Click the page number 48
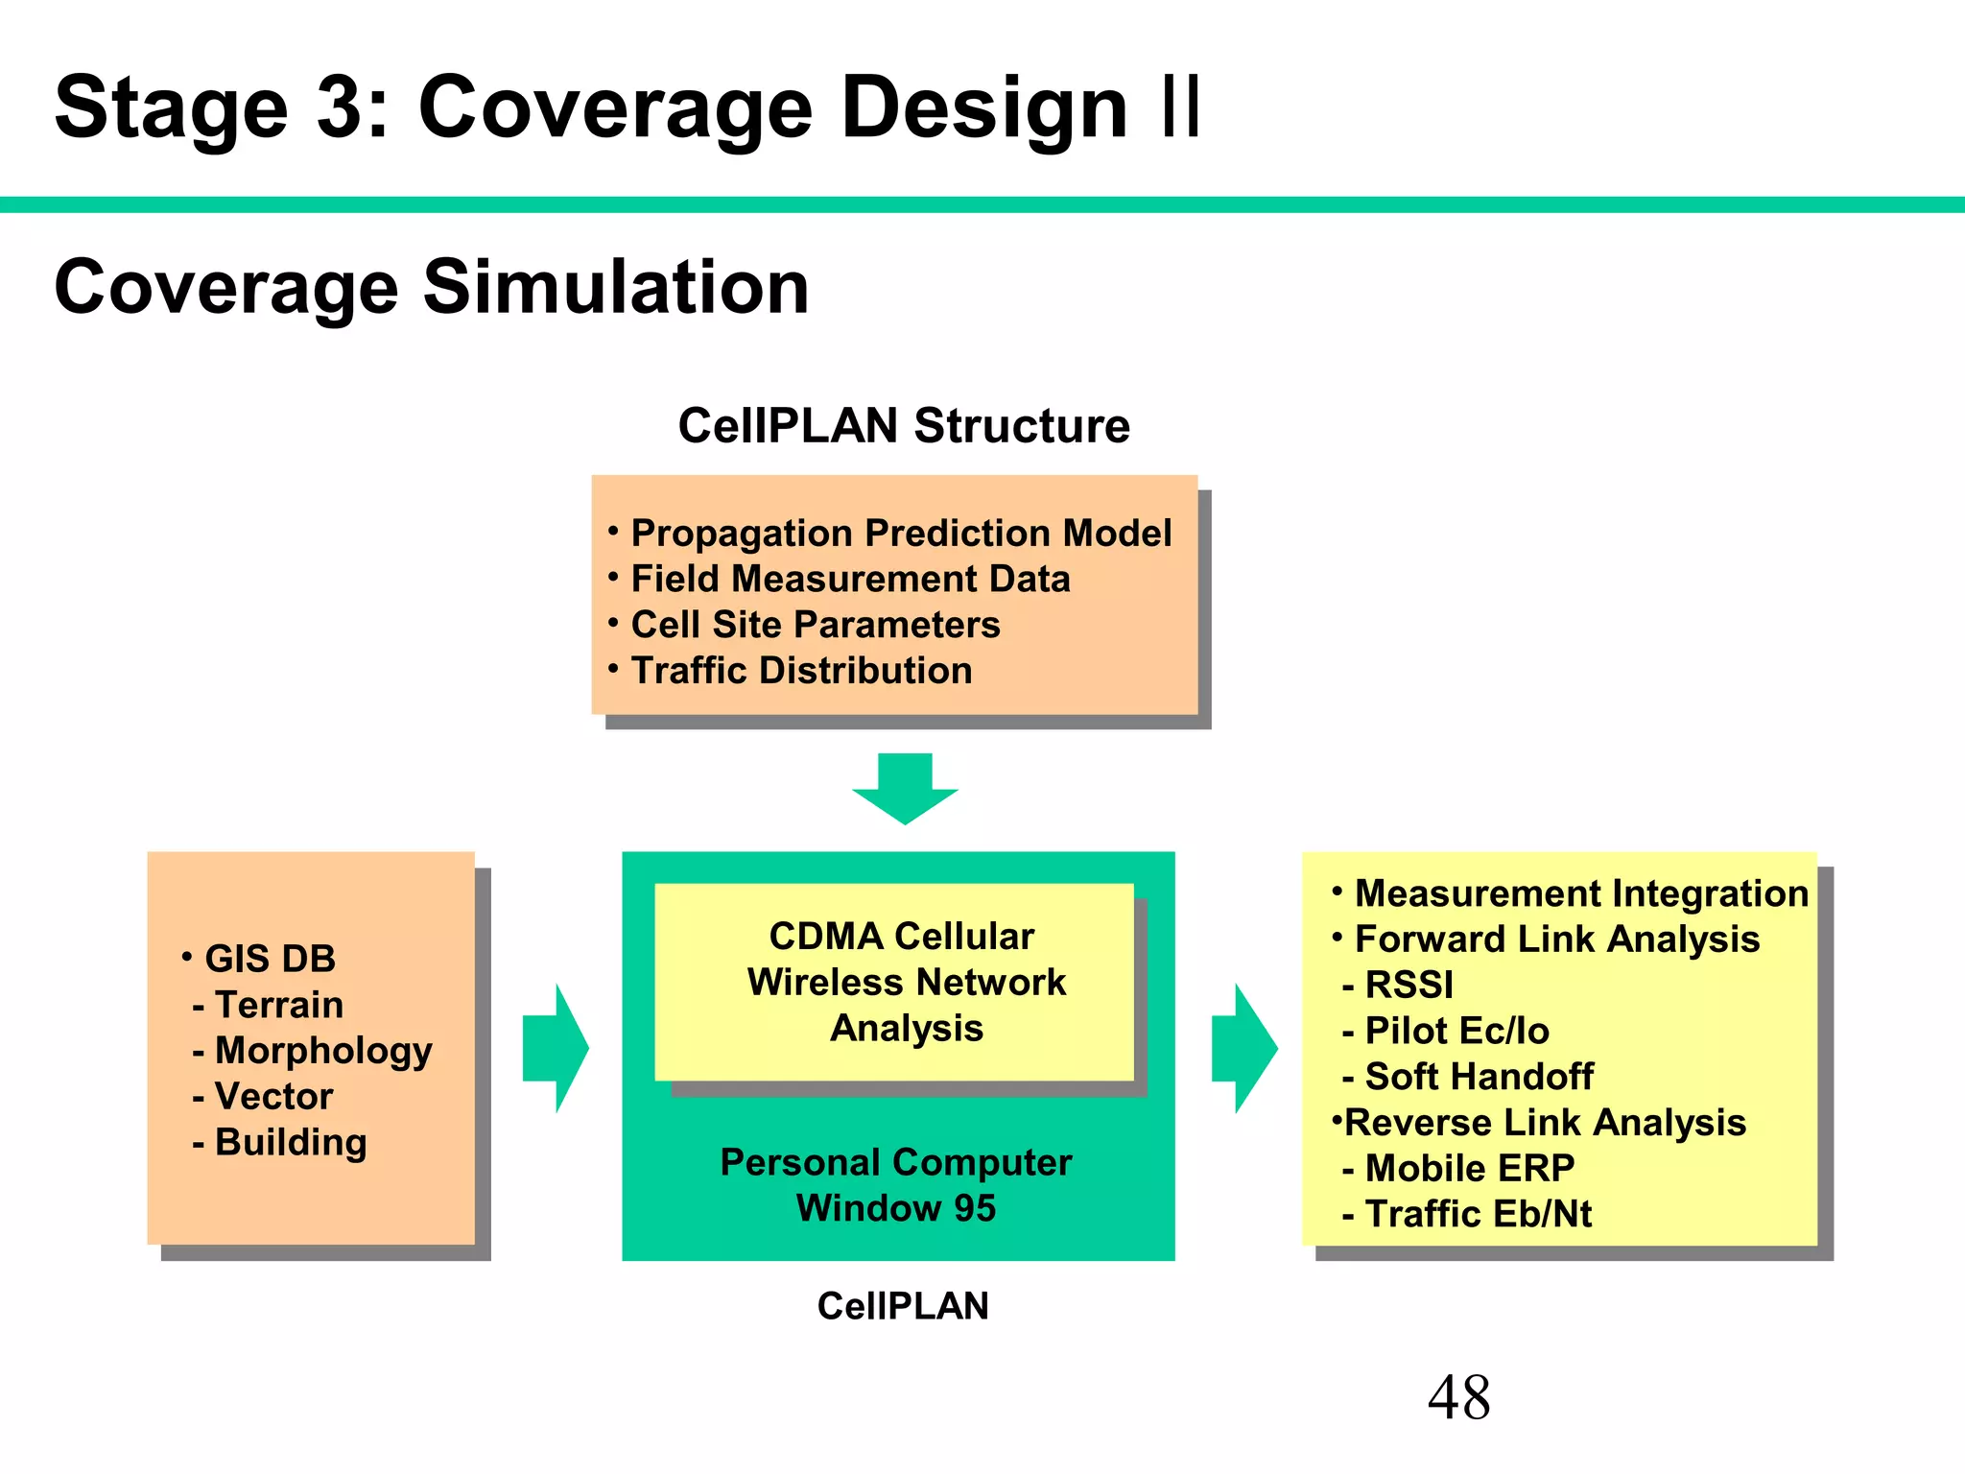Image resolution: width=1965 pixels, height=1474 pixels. coord(1458,1397)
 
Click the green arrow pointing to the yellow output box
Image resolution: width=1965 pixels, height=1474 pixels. coord(1244,1048)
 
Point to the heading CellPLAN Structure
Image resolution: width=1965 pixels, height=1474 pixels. coord(904,425)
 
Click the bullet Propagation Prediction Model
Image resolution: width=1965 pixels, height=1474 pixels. coord(900,533)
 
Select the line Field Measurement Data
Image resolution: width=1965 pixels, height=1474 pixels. coord(849,579)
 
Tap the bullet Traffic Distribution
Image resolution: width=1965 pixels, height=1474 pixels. coord(800,670)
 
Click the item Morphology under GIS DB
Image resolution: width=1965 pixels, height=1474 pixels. coord(322,1050)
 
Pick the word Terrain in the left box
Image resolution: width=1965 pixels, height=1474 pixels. coord(278,1005)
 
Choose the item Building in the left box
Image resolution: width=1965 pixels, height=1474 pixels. coord(290,1142)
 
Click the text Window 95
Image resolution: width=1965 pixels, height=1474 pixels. coord(896,1207)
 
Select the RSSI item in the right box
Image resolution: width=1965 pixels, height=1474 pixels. coord(1409,985)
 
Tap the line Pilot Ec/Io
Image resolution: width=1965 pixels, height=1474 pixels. coord(1456,1031)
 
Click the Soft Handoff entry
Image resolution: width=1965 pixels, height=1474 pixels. coord(1478,1077)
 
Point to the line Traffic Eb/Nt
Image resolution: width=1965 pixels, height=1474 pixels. coord(1478,1214)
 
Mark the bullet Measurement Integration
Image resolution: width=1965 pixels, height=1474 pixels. coord(1580,893)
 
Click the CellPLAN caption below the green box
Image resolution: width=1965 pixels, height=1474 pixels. coord(902,1306)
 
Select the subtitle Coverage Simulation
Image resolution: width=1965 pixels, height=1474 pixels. coord(432,287)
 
